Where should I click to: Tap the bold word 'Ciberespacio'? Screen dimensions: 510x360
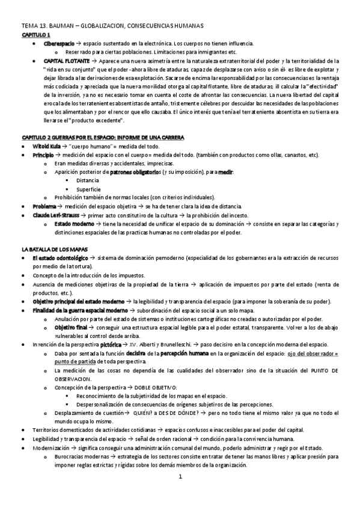tap(59, 44)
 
